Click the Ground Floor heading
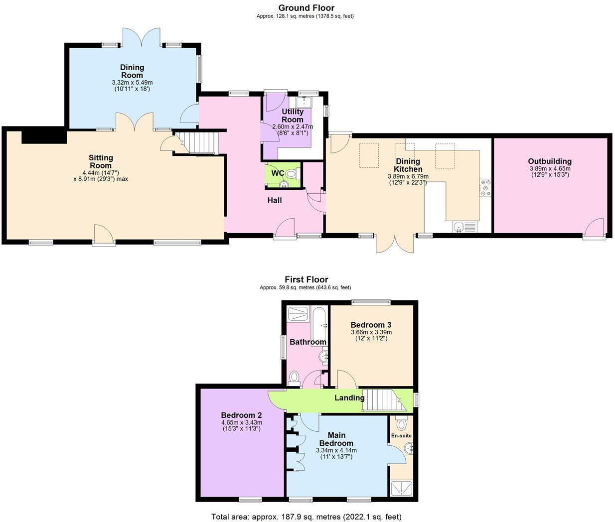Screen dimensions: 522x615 [x=306, y=7]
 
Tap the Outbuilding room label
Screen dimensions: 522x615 [x=550, y=161]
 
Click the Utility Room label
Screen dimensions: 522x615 [x=292, y=116]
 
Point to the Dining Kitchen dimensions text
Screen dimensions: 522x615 [x=408, y=179]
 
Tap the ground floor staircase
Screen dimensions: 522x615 [x=202, y=142]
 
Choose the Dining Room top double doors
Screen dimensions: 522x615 [x=142, y=36]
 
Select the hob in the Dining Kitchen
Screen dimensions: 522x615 [x=485, y=188]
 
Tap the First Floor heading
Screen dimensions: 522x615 [x=306, y=279]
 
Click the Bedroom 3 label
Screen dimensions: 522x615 [x=371, y=325]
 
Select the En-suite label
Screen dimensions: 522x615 [x=401, y=436]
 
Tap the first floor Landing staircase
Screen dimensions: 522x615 [x=381, y=400]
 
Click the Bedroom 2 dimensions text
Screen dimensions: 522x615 [x=241, y=425]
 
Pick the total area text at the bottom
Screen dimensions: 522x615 [x=306, y=517]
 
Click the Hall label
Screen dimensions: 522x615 [x=274, y=200]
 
